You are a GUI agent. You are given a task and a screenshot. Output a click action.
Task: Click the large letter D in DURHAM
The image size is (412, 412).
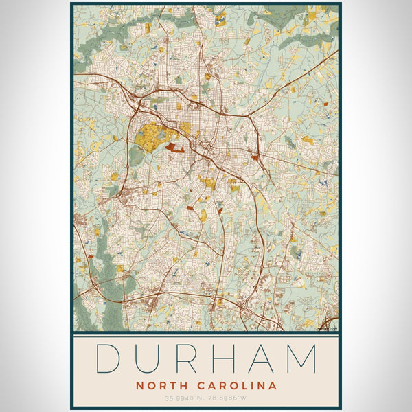[x=108, y=359]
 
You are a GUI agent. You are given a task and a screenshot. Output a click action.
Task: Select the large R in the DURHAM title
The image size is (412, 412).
[x=187, y=359]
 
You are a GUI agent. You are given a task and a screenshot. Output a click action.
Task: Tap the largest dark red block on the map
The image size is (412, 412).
[x=174, y=146]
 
